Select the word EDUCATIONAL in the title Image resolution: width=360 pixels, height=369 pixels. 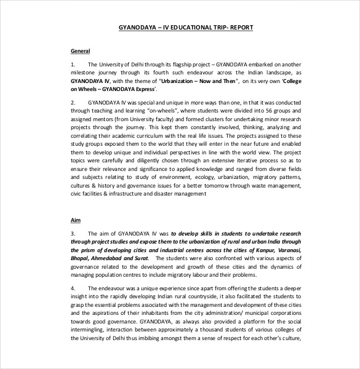(x=177, y=28)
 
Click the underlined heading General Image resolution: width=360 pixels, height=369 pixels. (x=81, y=50)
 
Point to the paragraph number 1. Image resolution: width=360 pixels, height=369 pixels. (x=73, y=64)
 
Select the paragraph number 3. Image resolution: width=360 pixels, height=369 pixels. (x=73, y=234)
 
